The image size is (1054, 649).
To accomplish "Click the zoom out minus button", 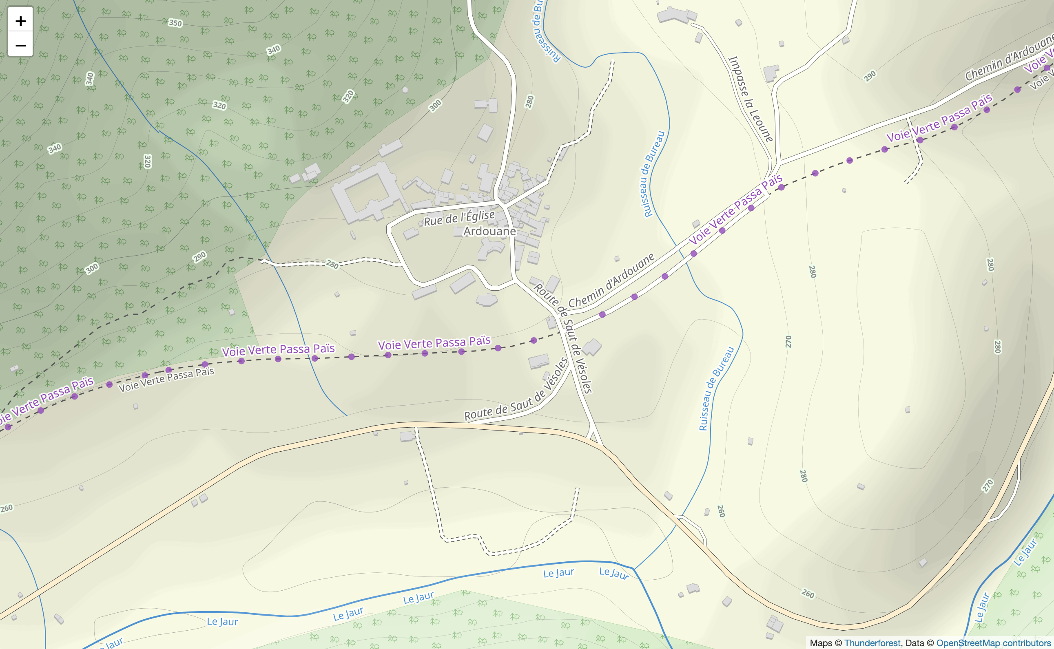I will [x=20, y=45].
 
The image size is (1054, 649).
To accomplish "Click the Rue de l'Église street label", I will [x=459, y=218].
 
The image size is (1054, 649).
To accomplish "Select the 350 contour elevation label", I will [x=175, y=23].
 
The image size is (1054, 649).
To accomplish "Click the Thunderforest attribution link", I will [x=872, y=643].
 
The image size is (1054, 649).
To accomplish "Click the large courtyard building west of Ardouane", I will [x=365, y=193].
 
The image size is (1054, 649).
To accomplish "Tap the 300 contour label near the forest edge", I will [x=435, y=106].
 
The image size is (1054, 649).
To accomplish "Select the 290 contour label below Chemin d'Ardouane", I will [x=870, y=76].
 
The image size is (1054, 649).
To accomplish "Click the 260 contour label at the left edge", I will [x=7, y=509].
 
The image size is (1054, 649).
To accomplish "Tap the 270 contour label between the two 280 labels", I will [x=788, y=342].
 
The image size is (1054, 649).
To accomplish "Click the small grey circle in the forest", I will [x=405, y=90].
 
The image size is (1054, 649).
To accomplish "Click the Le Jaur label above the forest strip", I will [x=418, y=598].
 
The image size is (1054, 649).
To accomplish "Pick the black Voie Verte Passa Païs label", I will [x=167, y=380].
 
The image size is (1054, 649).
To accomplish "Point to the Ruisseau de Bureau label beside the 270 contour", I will [x=716, y=389].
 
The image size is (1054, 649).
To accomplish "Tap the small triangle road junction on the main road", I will [x=593, y=437].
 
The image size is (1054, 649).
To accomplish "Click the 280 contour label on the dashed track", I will [x=332, y=264].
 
